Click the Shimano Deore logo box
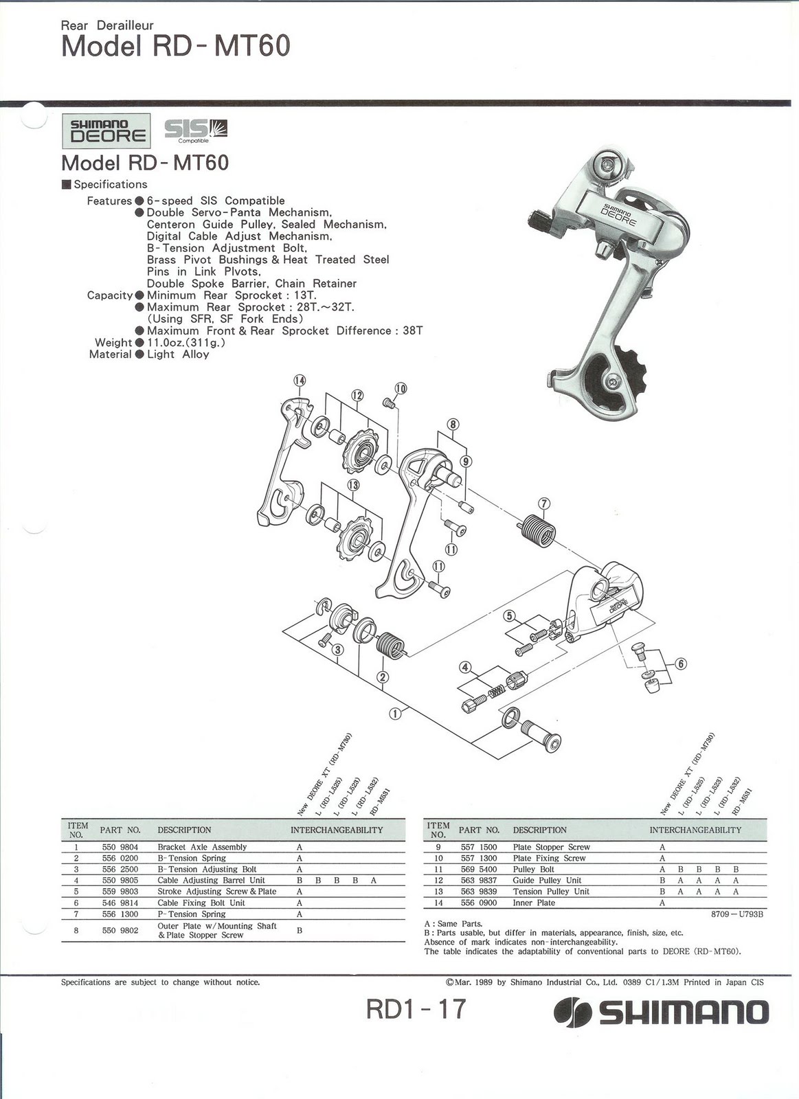106,131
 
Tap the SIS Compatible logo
196,129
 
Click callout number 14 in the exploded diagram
299,381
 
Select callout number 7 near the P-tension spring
544,504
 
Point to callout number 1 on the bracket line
395,713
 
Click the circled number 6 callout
680,664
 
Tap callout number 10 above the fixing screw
401,389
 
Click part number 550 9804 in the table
120,847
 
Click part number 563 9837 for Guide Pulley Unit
478,880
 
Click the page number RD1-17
416,1009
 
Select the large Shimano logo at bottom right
662,1012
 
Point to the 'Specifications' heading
110,184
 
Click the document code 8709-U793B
737,914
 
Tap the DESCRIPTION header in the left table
184,830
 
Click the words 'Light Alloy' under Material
177,354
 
